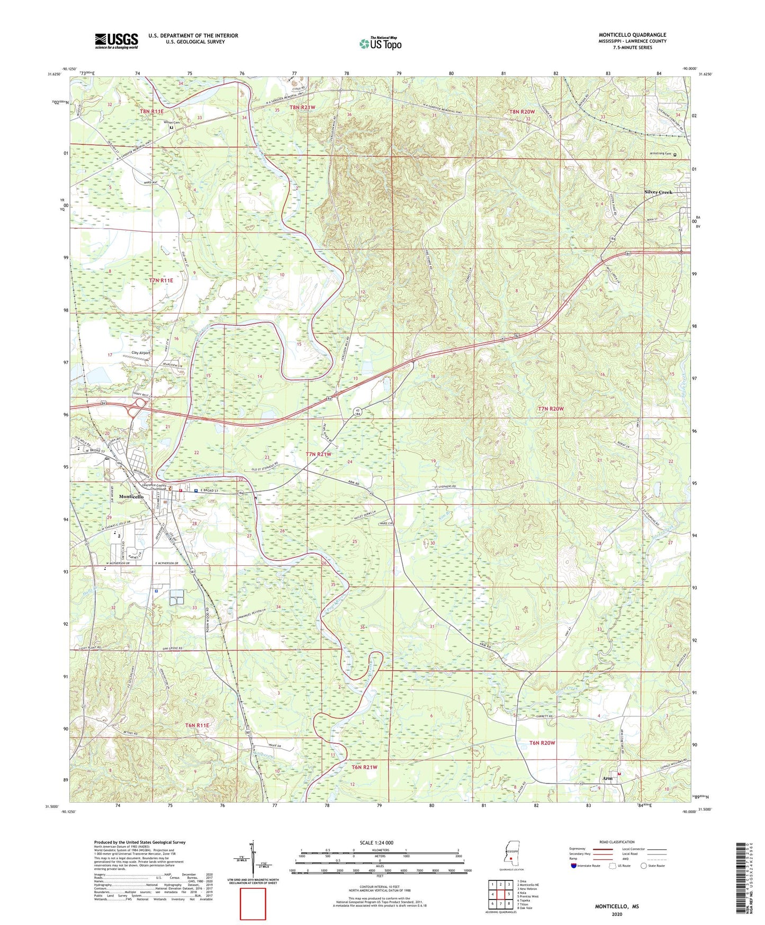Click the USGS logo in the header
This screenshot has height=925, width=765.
coord(116,41)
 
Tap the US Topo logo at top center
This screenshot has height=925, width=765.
coord(380,43)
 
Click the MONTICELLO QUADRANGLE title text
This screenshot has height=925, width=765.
coord(632,35)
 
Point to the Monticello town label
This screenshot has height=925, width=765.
coord(131,496)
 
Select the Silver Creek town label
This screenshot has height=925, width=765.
coord(658,192)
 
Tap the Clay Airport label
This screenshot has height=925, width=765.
coord(141,353)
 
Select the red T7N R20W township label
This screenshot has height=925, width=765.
coord(551,409)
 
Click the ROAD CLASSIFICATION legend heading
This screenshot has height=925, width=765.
coord(617,842)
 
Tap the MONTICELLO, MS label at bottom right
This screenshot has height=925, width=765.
coord(616,906)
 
